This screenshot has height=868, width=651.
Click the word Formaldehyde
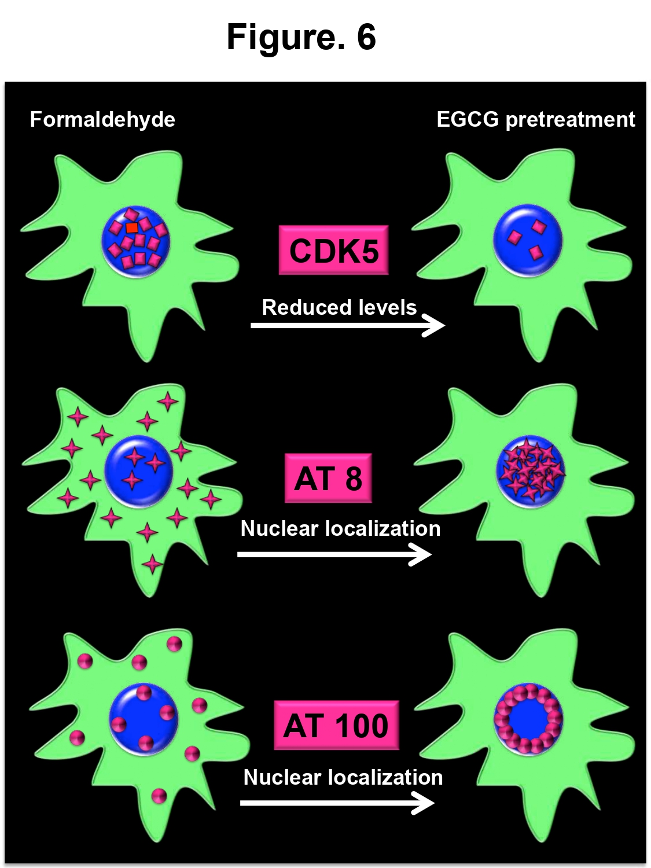click(x=102, y=120)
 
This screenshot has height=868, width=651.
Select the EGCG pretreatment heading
click(x=535, y=120)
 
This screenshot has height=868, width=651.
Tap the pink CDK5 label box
click(x=333, y=251)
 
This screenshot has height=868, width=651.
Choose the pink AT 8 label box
click(x=328, y=479)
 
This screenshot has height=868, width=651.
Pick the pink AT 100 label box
click(x=336, y=726)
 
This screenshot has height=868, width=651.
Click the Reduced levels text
click(x=339, y=307)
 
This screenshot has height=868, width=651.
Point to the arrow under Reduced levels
click(x=347, y=325)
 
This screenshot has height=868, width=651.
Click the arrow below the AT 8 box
click(x=334, y=554)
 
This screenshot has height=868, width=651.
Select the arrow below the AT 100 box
click(x=337, y=803)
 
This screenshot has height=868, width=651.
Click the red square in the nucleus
click(x=132, y=228)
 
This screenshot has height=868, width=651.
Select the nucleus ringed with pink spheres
click(x=528, y=719)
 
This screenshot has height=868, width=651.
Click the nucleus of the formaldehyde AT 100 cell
click(x=144, y=719)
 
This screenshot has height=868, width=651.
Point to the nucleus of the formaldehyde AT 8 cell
click(x=139, y=470)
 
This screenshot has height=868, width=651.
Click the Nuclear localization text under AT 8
click(x=340, y=528)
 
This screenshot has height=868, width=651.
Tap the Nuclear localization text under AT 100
click(x=343, y=777)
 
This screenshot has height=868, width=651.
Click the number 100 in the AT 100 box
click(x=361, y=726)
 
